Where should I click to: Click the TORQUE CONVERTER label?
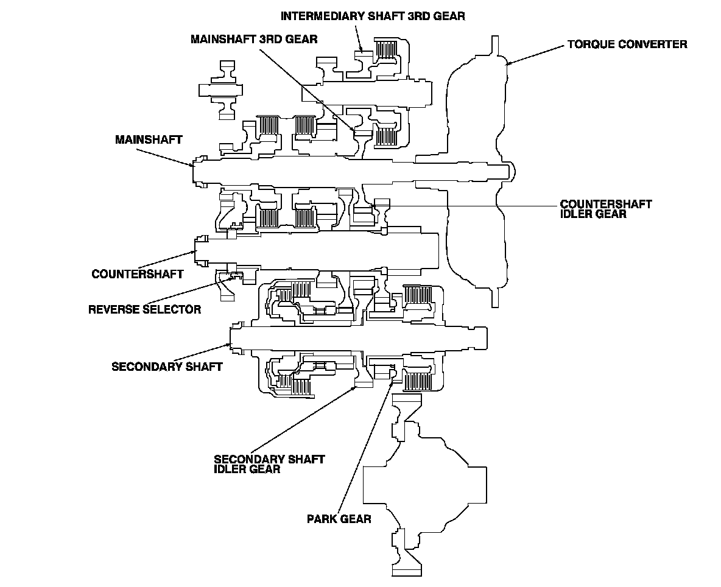coord(627,44)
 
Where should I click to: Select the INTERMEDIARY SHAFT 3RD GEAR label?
coord(373,16)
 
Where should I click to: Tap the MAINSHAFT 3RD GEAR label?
coord(253,40)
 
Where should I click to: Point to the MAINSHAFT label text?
coord(149,140)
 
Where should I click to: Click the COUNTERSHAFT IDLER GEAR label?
coord(605,209)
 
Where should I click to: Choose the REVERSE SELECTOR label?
coord(144,309)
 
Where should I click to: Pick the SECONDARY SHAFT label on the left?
coord(167,367)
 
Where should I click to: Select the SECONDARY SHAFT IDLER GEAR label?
coord(269,464)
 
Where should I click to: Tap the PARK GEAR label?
coord(339,519)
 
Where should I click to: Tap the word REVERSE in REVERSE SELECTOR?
coord(113,309)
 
